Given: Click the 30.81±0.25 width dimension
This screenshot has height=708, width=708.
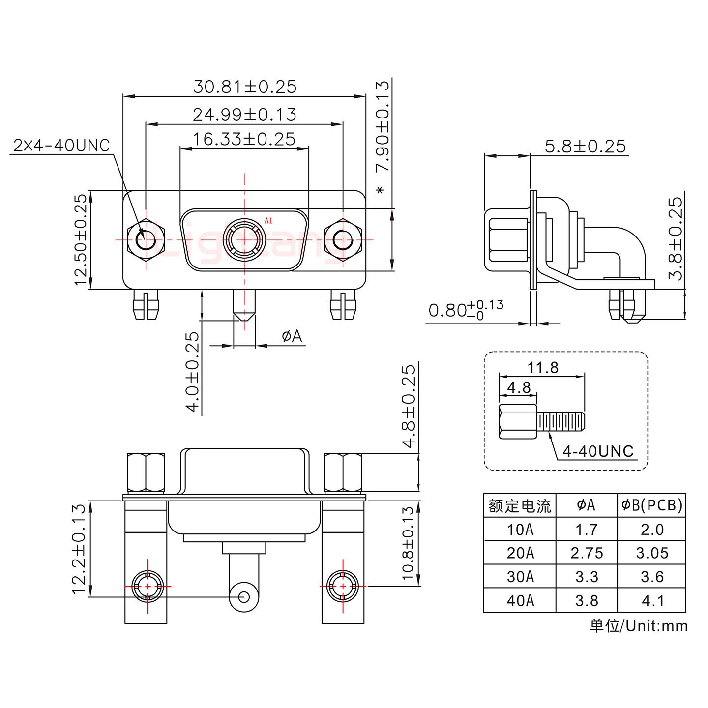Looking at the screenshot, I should (244, 87).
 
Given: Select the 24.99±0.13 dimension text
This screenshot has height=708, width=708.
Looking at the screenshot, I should (244, 115).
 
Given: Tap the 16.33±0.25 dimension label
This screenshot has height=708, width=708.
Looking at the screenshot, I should (244, 139).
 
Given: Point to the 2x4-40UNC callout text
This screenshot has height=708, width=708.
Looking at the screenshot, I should (61, 145).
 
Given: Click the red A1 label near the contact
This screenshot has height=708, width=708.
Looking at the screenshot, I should (268, 220).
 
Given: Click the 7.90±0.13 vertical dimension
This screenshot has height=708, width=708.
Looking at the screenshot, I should (382, 133).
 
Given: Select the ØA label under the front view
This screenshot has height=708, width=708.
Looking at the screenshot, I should (292, 336).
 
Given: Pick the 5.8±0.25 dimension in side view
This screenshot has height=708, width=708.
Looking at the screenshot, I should (585, 146).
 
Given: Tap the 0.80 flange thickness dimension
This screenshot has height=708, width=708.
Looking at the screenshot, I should (465, 311).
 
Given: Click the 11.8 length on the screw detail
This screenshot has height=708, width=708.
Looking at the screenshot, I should (543, 367).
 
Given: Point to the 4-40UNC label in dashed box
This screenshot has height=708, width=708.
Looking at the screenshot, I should (598, 451).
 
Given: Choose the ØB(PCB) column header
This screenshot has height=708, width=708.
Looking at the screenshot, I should (651, 505).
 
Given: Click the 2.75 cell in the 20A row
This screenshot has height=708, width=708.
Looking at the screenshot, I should (587, 553).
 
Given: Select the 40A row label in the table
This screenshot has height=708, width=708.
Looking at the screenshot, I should (520, 600).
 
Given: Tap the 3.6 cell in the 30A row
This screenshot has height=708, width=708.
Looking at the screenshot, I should (651, 576).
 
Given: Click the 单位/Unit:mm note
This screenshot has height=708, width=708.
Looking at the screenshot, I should (638, 626).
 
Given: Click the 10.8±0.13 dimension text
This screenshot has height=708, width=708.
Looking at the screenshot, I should (409, 543).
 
